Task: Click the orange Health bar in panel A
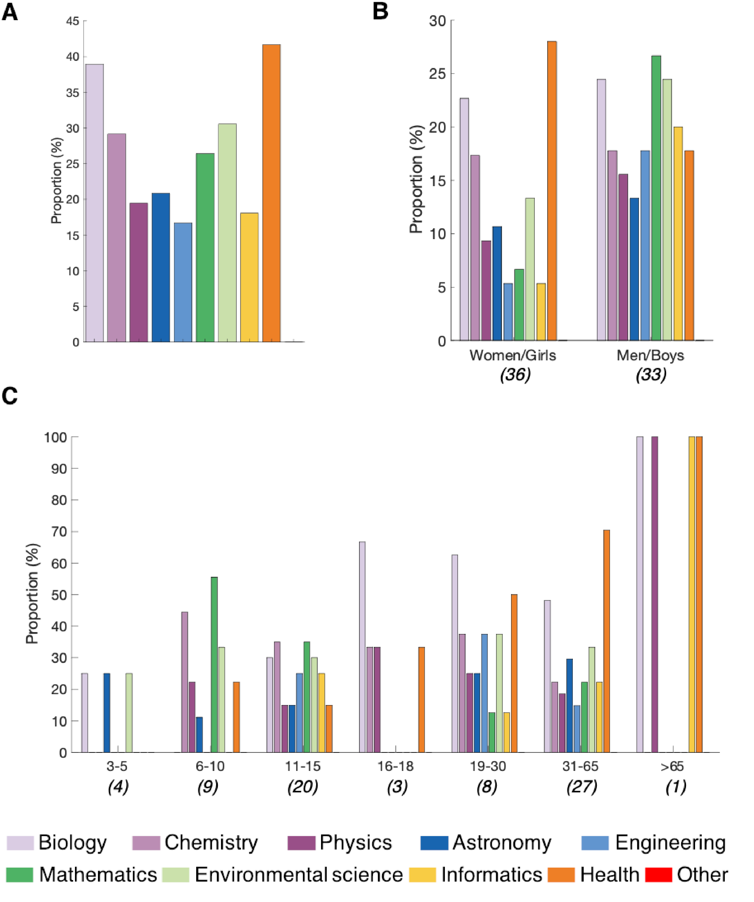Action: point(271,193)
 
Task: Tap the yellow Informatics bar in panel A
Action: point(249,277)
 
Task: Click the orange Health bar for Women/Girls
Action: point(552,191)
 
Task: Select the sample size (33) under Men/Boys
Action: point(651,375)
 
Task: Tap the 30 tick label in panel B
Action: point(438,21)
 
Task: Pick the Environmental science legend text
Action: point(299,875)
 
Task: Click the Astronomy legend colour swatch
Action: point(434,843)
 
